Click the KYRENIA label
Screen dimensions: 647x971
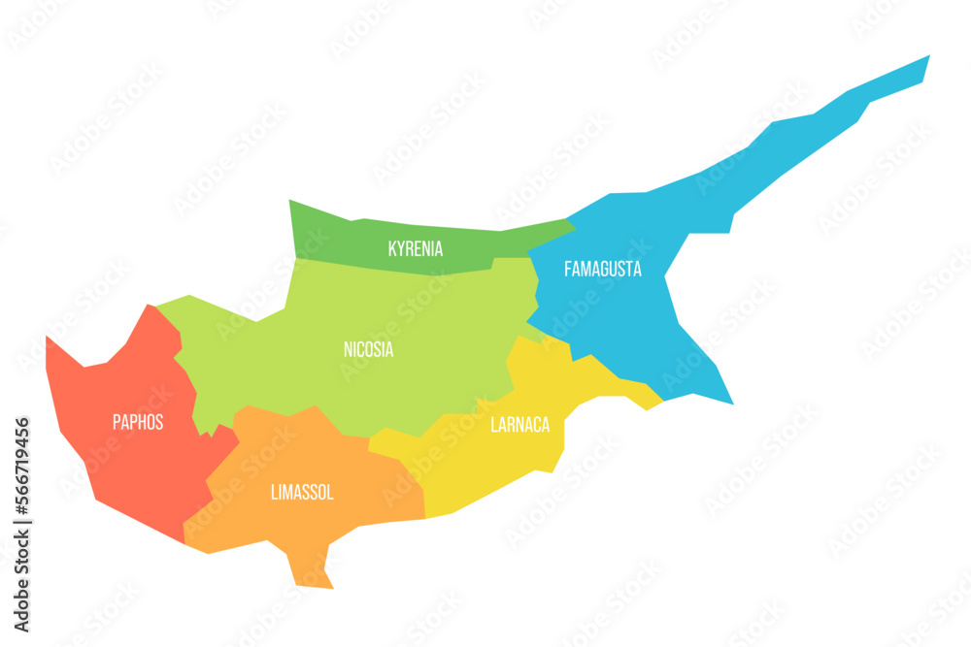pos(415,249)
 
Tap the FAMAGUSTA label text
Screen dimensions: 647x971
pos(602,270)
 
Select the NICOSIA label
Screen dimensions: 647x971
pos(368,350)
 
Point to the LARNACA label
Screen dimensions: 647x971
pos(519,425)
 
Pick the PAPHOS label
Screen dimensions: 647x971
pos(138,423)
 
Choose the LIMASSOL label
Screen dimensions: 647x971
pos(301,493)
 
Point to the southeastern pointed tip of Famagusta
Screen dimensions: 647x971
pos(731,402)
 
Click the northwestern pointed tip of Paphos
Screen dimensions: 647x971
pos(48,338)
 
